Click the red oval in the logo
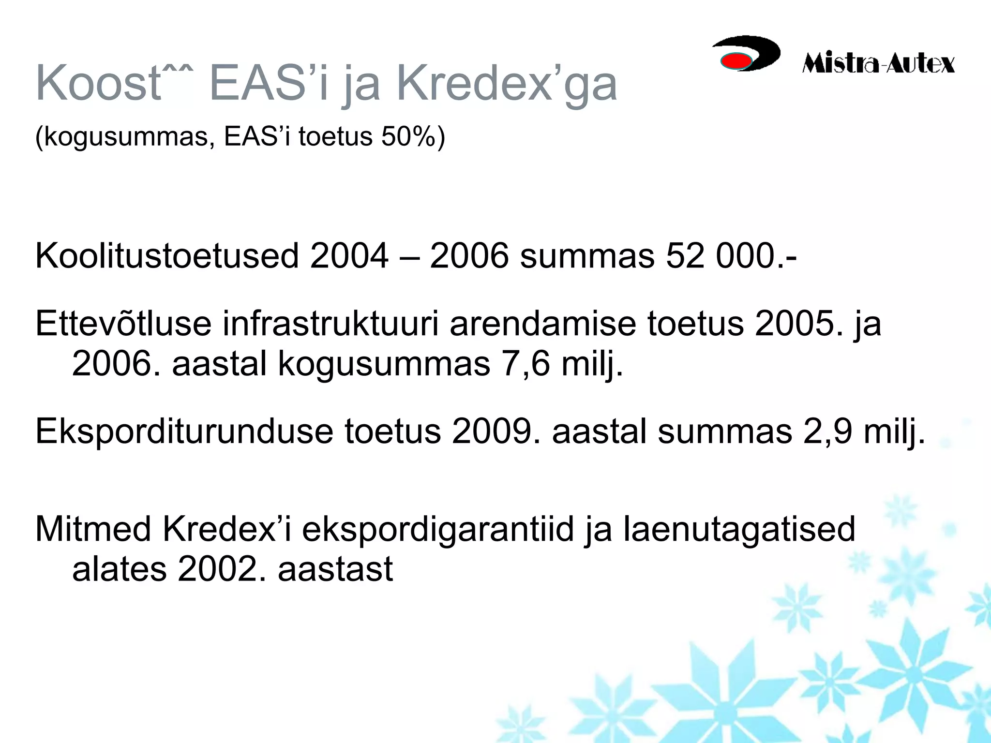point(736,61)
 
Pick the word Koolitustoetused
point(167,256)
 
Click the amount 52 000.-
point(731,256)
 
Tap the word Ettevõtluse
point(123,324)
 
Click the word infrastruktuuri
point(330,324)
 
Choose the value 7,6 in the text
point(526,364)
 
